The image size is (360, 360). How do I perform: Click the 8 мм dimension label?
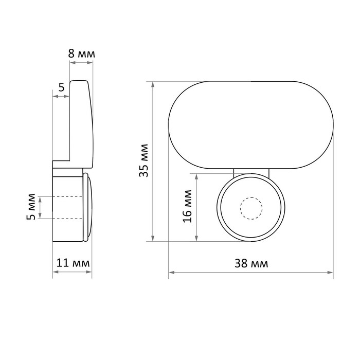coord(81,54)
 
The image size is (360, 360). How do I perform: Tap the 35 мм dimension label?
coord(144,160)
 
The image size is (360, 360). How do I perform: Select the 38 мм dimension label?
coord(251,263)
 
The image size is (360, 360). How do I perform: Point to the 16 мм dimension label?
coord(188,206)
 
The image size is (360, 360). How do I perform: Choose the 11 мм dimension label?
coord(73,263)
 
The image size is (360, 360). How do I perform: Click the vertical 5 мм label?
coord(31,207)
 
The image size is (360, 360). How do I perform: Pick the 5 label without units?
coord(61,87)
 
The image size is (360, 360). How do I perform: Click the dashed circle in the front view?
coord(251,208)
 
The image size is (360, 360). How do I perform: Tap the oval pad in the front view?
coord(251,125)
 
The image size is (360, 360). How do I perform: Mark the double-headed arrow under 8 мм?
coord(81,62)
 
